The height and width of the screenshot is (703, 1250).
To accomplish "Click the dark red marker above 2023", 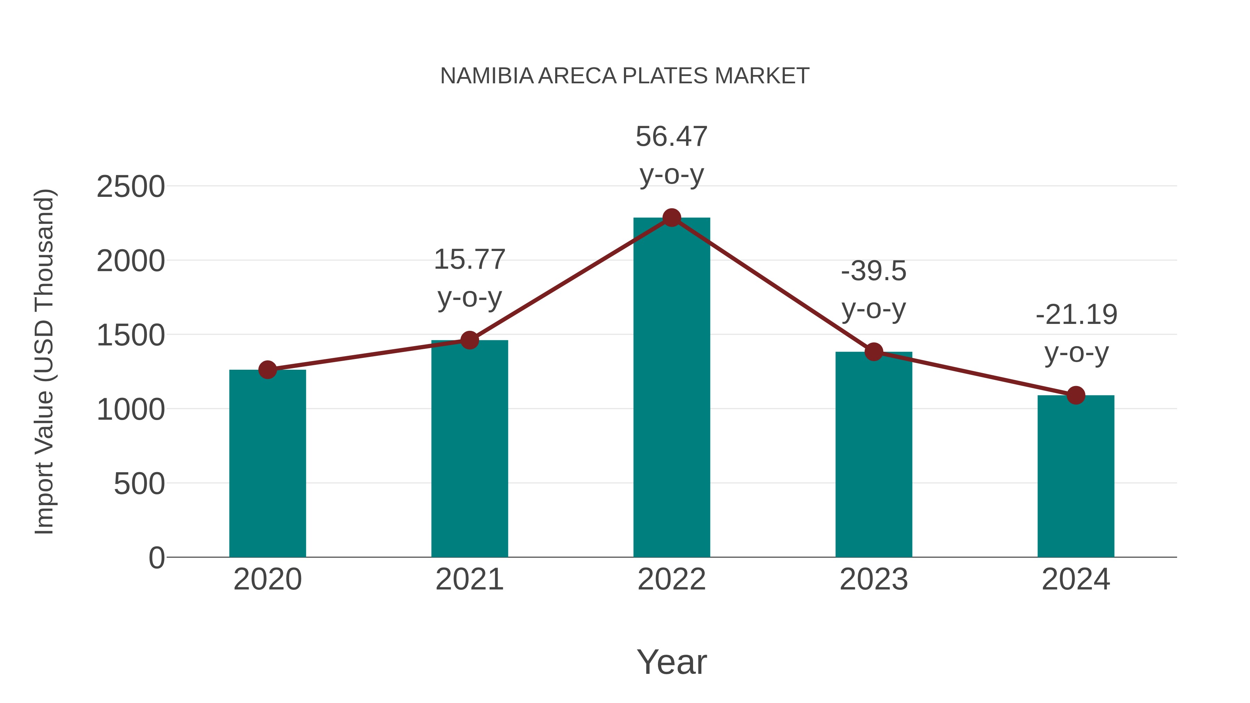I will click(x=874, y=352).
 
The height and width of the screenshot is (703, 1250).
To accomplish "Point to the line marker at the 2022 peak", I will click(x=672, y=218).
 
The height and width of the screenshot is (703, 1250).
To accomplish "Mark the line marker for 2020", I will click(x=267, y=370).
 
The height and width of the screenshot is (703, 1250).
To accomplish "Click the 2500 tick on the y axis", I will click(x=131, y=187).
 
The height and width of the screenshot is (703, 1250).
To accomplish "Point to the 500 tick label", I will click(x=139, y=484).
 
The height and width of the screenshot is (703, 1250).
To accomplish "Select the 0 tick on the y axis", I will click(x=157, y=558).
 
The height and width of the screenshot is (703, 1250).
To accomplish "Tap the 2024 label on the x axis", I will click(x=1076, y=579).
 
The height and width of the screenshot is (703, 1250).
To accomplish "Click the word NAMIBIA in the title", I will click(x=487, y=76).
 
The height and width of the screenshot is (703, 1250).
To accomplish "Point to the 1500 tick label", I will click(x=131, y=335).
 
